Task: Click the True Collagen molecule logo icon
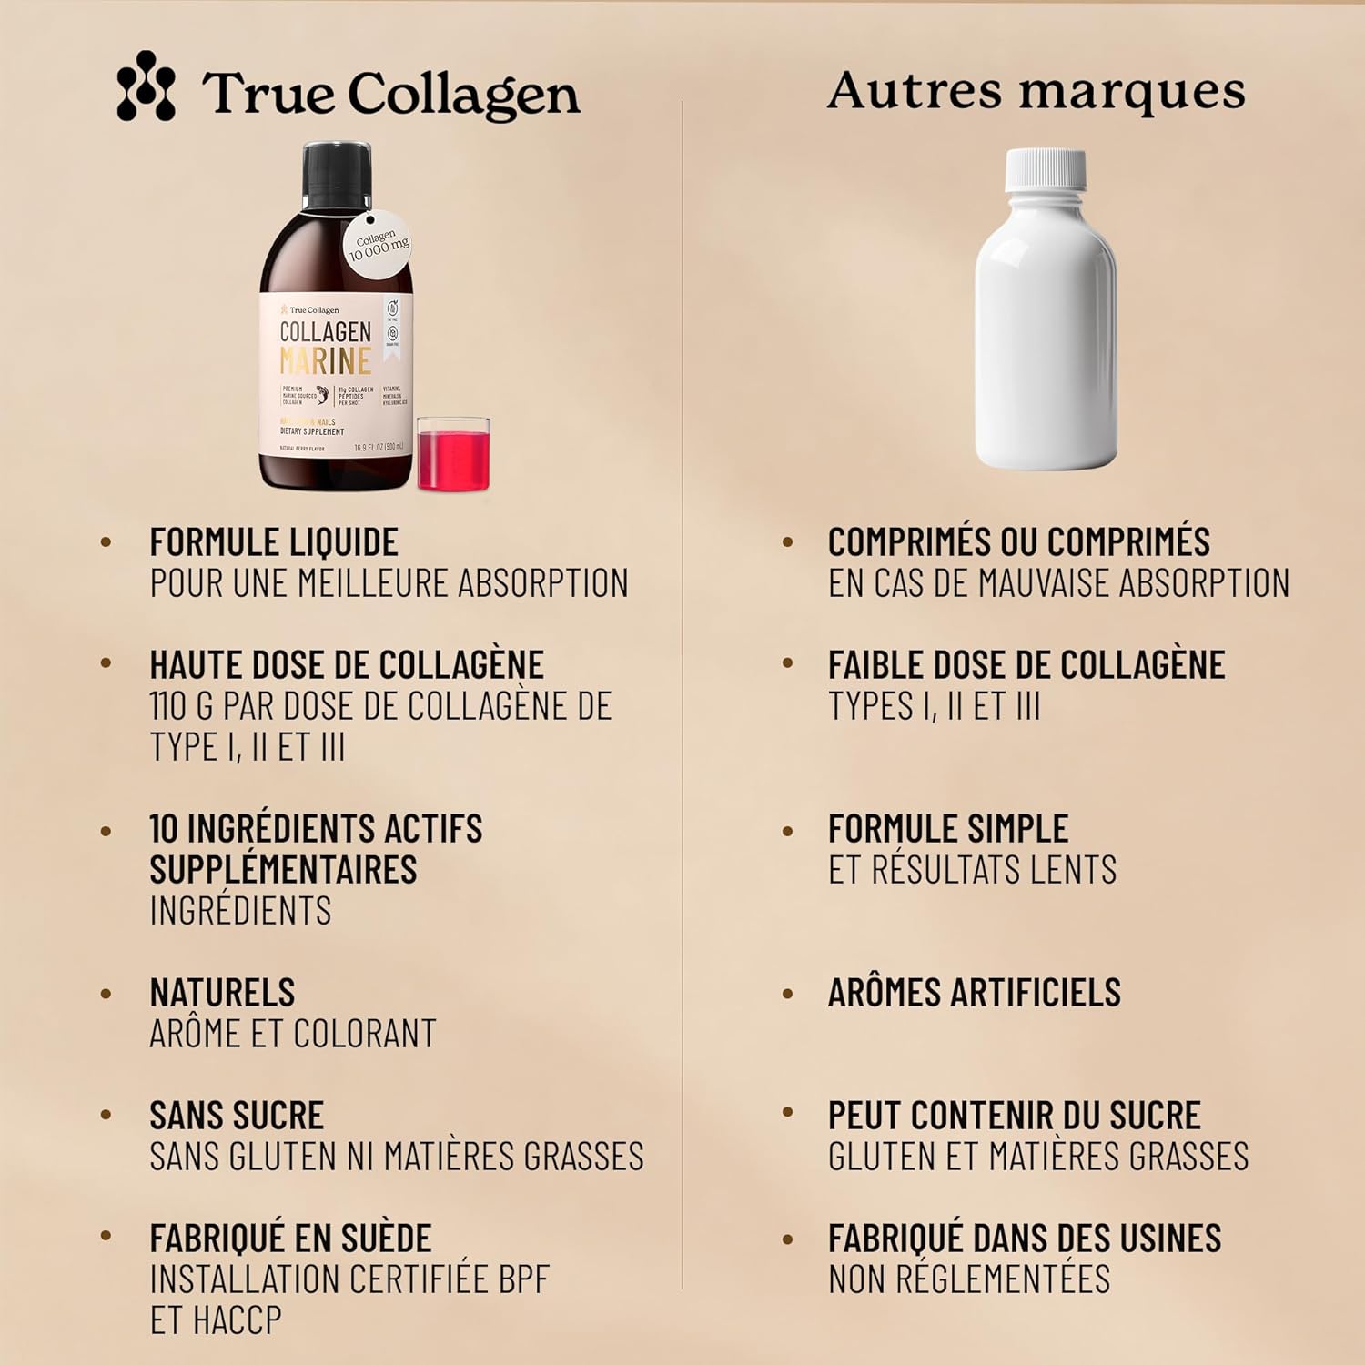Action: pyautogui.click(x=146, y=86)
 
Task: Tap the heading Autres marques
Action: pyautogui.click(x=1036, y=91)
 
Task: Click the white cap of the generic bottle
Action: pyautogui.click(x=1046, y=170)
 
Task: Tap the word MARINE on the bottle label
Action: pyautogui.click(x=325, y=361)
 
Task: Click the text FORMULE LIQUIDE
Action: pyautogui.click(x=274, y=542)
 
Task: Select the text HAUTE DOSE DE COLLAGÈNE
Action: pyautogui.click(x=347, y=665)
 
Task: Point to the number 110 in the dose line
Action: pyautogui.click(x=167, y=706)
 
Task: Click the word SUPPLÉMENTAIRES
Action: pyautogui.click(x=283, y=870)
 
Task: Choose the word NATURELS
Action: pyautogui.click(x=222, y=993)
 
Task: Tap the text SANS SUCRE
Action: pyautogui.click(x=237, y=1116)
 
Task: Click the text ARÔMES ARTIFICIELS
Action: pyautogui.click(x=974, y=993)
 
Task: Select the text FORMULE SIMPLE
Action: pyautogui.click(x=947, y=829)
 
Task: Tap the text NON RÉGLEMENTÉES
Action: pyautogui.click(x=969, y=1279)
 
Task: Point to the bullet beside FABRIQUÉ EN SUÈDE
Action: pyautogui.click(x=106, y=1236)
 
